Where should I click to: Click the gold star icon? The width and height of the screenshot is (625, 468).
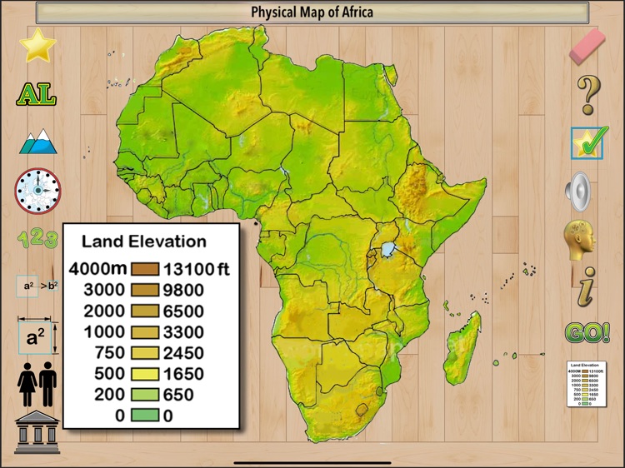click(37, 45)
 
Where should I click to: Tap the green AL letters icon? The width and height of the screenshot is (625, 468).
click(37, 94)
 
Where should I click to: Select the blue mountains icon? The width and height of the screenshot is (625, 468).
click(37, 142)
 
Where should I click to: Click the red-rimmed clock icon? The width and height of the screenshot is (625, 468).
click(37, 189)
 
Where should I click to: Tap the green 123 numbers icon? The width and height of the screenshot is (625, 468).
click(37, 238)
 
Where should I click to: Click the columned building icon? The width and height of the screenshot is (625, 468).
click(37, 431)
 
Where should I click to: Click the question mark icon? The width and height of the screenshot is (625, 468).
click(588, 94)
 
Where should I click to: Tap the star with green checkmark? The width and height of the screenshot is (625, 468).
click(588, 142)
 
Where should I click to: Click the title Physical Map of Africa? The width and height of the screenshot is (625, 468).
click(312, 12)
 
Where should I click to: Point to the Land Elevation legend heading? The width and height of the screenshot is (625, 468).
click(143, 241)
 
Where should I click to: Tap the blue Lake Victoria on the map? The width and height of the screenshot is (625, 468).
click(388, 249)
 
